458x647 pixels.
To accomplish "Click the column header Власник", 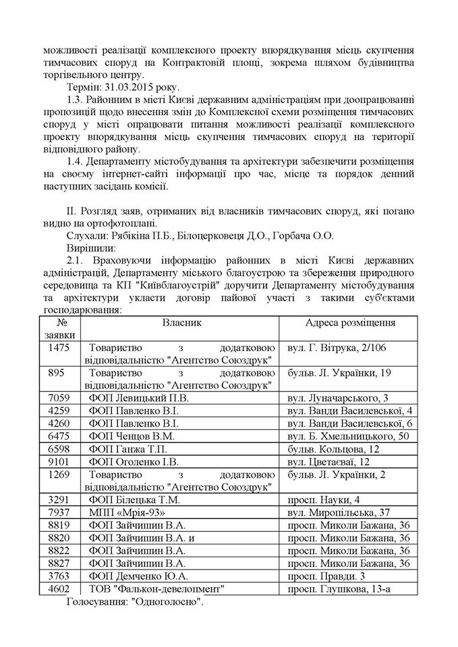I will pos(181,323).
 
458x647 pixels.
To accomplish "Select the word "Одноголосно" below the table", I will pos(169,602).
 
